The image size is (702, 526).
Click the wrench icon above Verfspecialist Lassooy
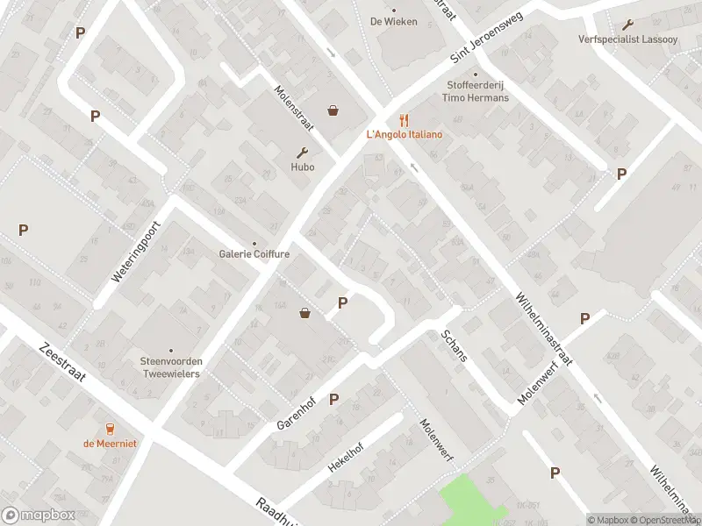click(627, 25)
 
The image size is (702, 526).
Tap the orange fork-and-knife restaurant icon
click(405, 120)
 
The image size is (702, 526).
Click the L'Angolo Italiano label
click(405, 134)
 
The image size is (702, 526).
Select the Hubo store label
click(303, 167)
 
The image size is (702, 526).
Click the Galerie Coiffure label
click(254, 254)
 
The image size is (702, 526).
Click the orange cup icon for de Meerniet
click(111, 429)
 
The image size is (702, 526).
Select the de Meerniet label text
click(111, 444)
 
